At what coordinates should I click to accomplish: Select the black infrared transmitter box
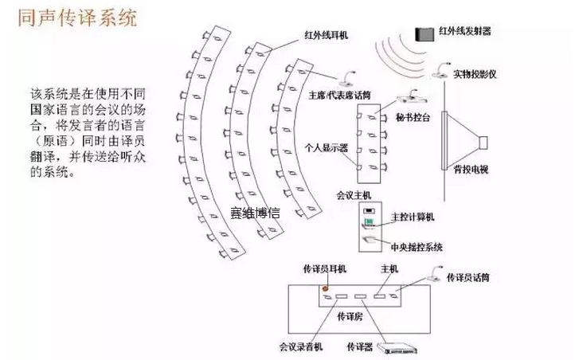coord(423,33)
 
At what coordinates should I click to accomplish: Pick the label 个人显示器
coord(325,147)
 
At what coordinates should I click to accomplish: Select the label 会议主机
coord(351,194)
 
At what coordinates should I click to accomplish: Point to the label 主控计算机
coord(411,217)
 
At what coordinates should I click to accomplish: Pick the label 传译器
coord(360,347)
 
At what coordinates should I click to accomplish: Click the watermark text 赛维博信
coord(255,213)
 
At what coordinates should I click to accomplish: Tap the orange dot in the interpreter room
coord(324,287)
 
